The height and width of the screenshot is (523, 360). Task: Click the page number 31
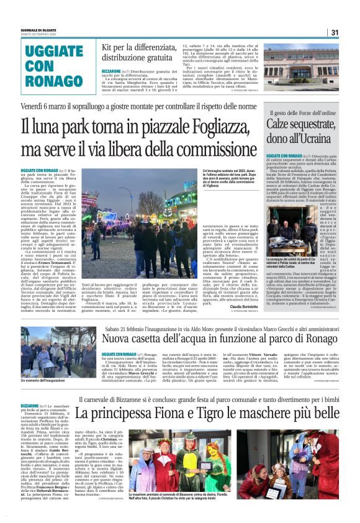pyautogui.click(x=335, y=32)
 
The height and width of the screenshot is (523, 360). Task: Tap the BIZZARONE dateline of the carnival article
pyautogui.click(x=29, y=406)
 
